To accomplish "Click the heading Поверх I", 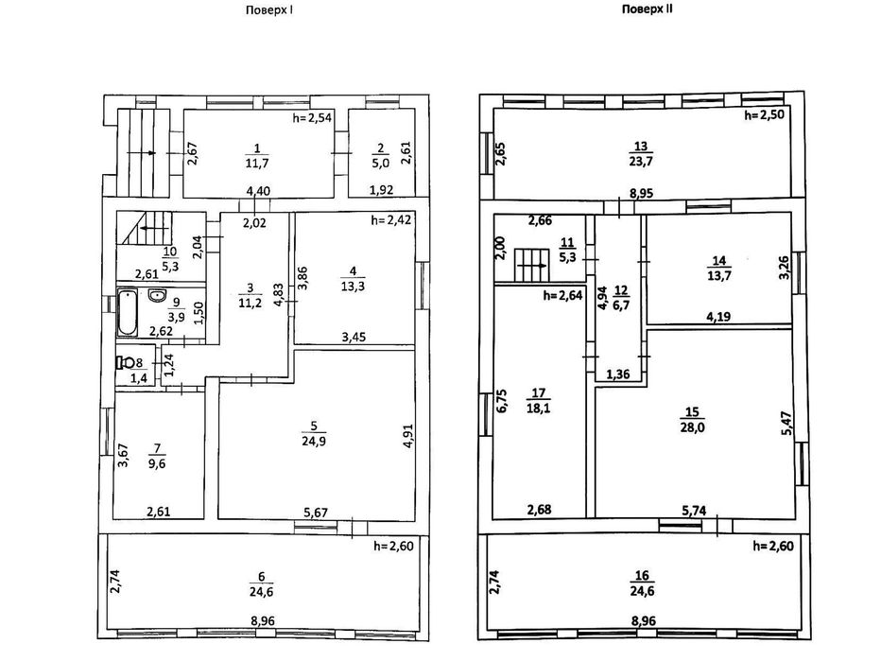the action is [269, 10].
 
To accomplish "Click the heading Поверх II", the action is [647, 9].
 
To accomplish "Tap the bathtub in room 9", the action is [128, 312].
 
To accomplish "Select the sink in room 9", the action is [156, 295].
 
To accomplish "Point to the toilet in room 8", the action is [125, 362].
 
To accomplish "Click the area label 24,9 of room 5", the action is [314, 442].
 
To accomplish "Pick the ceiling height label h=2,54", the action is [312, 118].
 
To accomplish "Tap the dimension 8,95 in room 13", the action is [641, 193].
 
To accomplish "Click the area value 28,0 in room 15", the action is [692, 427].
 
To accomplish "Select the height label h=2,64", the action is [562, 295].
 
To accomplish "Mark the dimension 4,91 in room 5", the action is [408, 436].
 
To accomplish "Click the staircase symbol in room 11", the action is [531, 266].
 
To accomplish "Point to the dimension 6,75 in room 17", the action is [502, 401].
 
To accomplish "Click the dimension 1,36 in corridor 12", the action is [618, 374].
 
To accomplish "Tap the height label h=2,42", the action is [391, 219].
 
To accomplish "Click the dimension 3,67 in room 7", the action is [123, 455].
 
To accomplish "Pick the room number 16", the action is [642, 576].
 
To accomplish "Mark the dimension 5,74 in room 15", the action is [694, 511].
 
